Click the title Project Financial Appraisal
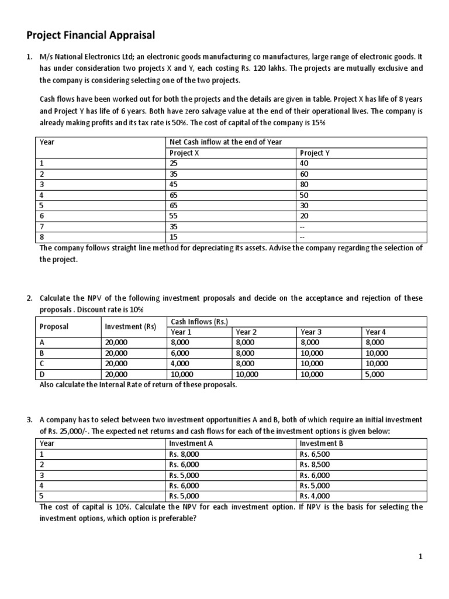pyautogui.click(x=91, y=36)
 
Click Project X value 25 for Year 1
pyautogui.click(x=173, y=163)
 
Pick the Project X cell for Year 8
pyautogui.click(x=173, y=237)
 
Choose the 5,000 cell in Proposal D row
pyautogui.click(x=374, y=374)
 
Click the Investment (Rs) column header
pyautogui.click(x=130, y=326)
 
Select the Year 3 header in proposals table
pyautogui.click(x=311, y=332)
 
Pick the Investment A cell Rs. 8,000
pyautogui.click(x=184, y=454)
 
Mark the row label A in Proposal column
pyautogui.click(x=42, y=342)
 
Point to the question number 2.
pyautogui.click(x=29, y=298)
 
